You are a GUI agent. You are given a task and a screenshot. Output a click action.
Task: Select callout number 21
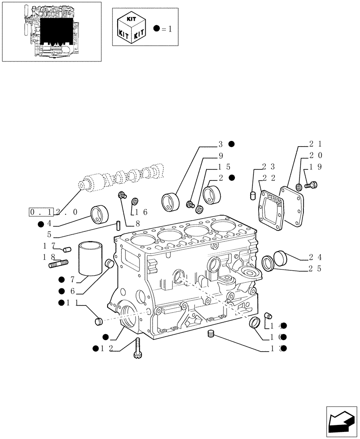coord(315,144)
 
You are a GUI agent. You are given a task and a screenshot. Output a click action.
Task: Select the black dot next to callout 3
coord(231,144)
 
